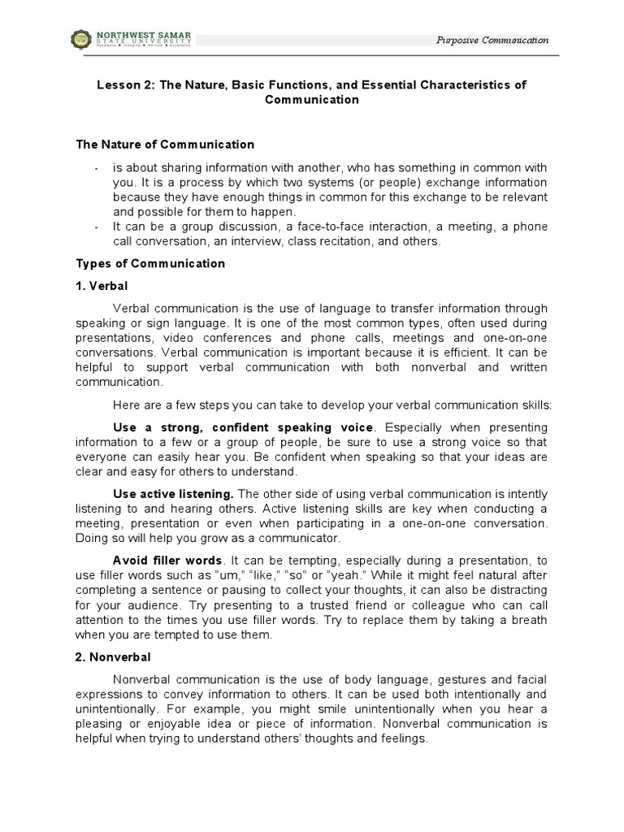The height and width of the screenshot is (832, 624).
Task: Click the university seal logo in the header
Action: pyautogui.click(x=84, y=39)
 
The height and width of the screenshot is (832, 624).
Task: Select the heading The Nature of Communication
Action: pyautogui.click(x=165, y=145)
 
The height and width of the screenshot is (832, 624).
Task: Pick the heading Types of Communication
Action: pyautogui.click(x=150, y=264)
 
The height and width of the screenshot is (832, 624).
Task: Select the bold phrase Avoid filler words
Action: pyautogui.click(x=167, y=561)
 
